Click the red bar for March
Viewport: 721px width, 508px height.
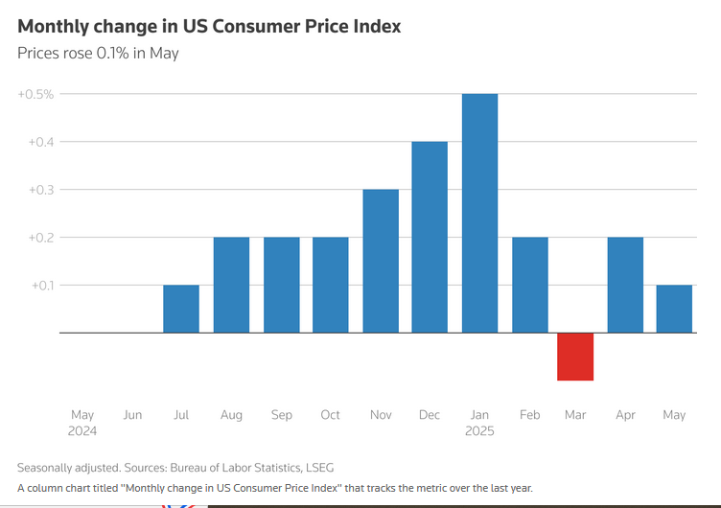pyautogui.click(x=575, y=357)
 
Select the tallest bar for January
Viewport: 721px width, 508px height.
pyautogui.click(x=479, y=213)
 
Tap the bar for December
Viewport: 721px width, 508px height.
pyautogui.click(x=430, y=237)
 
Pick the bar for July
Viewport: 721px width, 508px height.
pyautogui.click(x=181, y=309)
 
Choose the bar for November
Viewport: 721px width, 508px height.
pyautogui.click(x=381, y=261)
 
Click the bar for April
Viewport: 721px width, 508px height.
pyautogui.click(x=625, y=285)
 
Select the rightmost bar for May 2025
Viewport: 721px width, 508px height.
pyautogui.click(x=674, y=309)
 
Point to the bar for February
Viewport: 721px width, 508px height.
pyautogui.click(x=529, y=285)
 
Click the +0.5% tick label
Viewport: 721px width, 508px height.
pyautogui.click(x=35, y=94)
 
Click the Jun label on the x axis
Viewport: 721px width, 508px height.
pyautogui.click(x=132, y=415)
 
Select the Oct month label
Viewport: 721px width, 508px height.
pyautogui.click(x=331, y=415)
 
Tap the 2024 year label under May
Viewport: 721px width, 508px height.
pyautogui.click(x=82, y=431)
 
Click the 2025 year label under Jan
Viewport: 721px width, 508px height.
pyautogui.click(x=479, y=431)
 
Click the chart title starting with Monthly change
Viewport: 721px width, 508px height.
pyautogui.click(x=209, y=26)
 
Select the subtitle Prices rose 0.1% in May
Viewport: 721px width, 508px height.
pyautogui.click(x=98, y=53)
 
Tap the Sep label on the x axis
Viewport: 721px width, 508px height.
pyautogui.click(x=282, y=415)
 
